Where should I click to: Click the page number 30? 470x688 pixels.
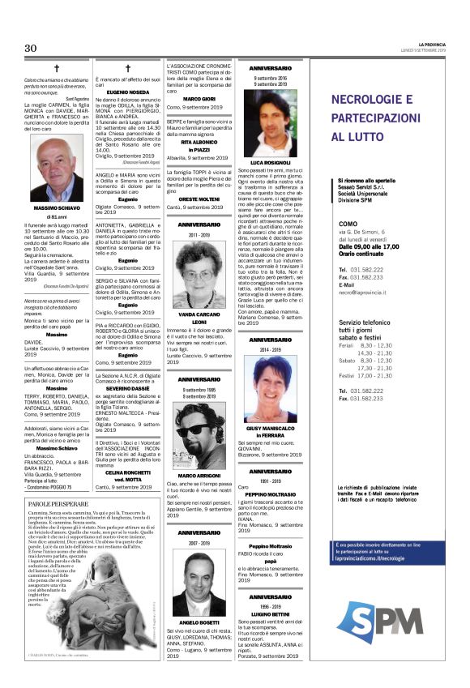(31, 48)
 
